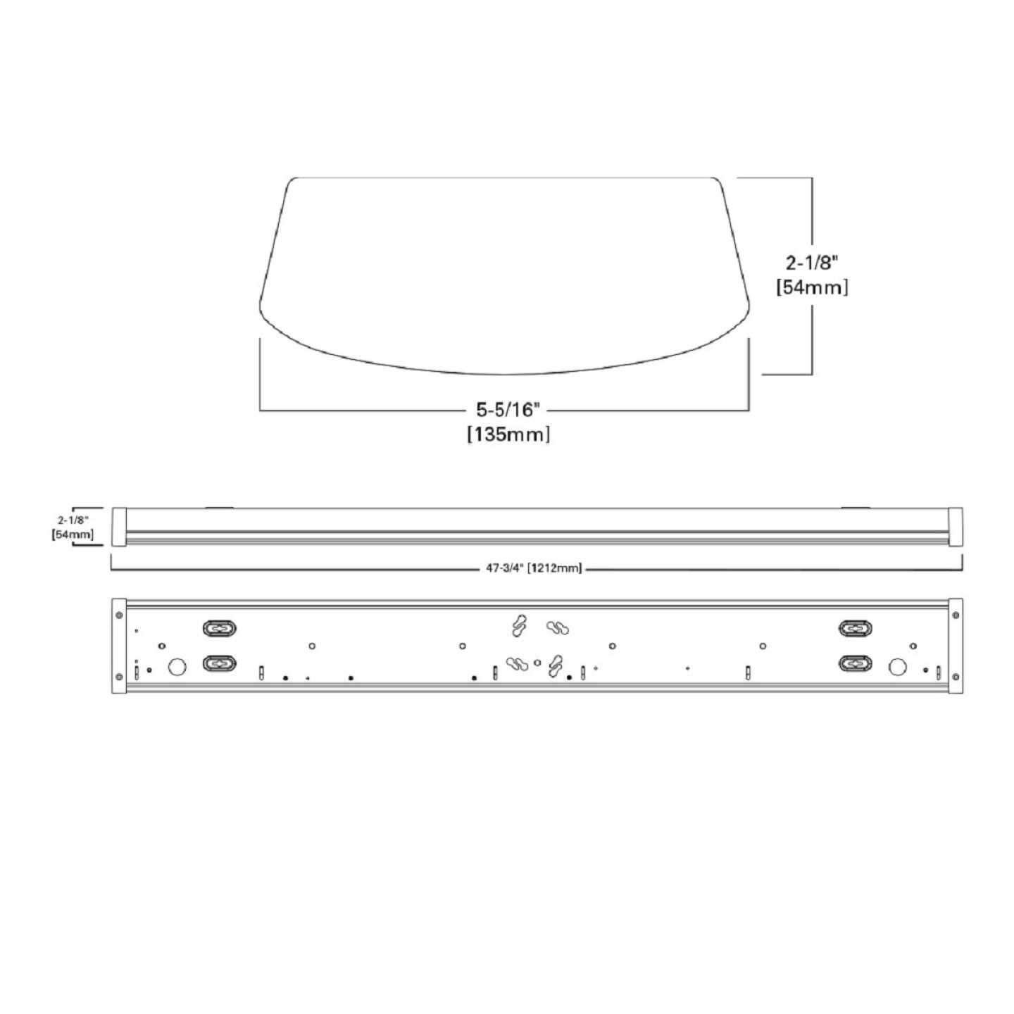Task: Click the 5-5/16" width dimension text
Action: (x=508, y=410)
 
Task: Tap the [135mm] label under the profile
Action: (x=508, y=434)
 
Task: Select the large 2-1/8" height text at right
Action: (x=812, y=263)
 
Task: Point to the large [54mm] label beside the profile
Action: (x=812, y=287)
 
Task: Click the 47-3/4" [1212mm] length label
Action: (x=534, y=569)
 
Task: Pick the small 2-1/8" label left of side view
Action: (x=73, y=520)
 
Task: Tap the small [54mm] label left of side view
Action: (x=73, y=535)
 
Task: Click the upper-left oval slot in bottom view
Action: (x=219, y=628)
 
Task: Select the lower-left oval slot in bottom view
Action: (x=219, y=663)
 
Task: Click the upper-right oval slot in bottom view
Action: (x=856, y=628)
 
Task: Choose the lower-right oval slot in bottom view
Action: (x=856, y=663)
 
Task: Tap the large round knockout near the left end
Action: (x=177, y=666)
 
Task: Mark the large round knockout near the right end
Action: (x=897, y=666)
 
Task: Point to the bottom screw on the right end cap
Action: (x=956, y=677)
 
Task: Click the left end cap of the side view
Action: (x=118, y=527)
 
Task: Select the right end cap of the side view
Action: (x=955, y=527)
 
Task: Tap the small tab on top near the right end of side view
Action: (x=856, y=506)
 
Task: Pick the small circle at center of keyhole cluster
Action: (x=538, y=662)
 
